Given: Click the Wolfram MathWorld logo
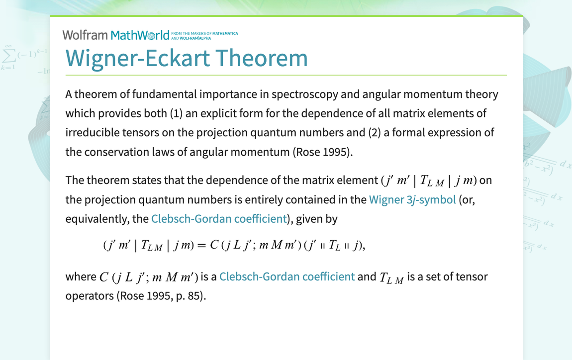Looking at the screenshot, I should [x=116, y=35].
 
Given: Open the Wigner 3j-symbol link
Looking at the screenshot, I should [x=412, y=199].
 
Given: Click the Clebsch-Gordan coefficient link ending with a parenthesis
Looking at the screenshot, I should [x=219, y=218].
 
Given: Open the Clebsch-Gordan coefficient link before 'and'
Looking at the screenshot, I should [x=287, y=276].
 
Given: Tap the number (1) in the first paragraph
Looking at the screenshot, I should [x=177, y=113].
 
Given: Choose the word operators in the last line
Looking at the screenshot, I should [x=89, y=296].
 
